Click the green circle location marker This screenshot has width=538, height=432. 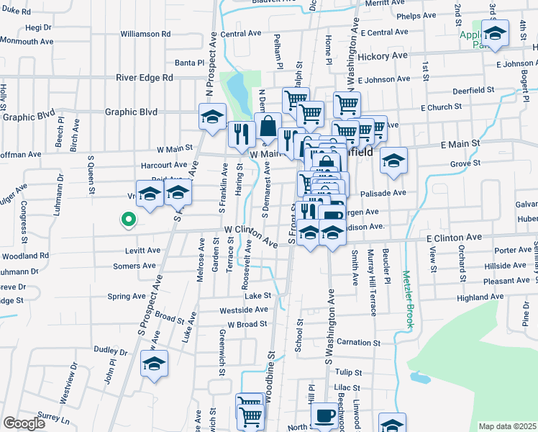coord(128,220)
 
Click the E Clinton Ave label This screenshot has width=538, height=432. coord(454,237)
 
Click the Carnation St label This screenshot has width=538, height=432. coord(357,342)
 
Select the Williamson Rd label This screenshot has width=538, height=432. coord(145,34)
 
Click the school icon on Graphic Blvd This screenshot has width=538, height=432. coord(213,117)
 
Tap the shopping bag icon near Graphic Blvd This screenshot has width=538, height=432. coord(268,126)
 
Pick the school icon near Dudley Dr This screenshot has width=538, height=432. coord(154,364)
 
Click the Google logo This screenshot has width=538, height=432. coord(24,423)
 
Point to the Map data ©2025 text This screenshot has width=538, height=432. coord(507,426)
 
